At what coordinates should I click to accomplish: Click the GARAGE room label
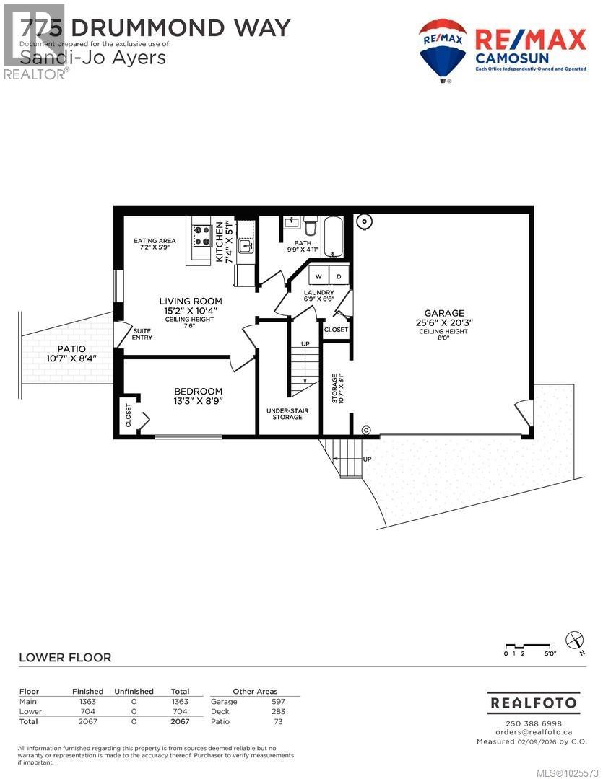pyautogui.click(x=440, y=313)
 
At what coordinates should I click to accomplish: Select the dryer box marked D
pyautogui.click(x=338, y=276)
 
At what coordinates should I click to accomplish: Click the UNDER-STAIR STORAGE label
pyautogui.click(x=287, y=413)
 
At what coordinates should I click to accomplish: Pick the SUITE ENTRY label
pyautogui.click(x=142, y=334)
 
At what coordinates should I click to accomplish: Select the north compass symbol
pyautogui.click(x=574, y=639)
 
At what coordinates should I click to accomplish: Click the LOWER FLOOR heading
pyautogui.click(x=64, y=657)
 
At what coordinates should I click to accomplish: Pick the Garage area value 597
pyautogui.click(x=278, y=701)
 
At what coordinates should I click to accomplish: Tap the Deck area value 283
pyautogui.click(x=278, y=711)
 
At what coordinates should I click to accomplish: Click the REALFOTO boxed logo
pyautogui.click(x=534, y=702)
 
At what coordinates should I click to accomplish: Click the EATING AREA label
pyautogui.click(x=155, y=242)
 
